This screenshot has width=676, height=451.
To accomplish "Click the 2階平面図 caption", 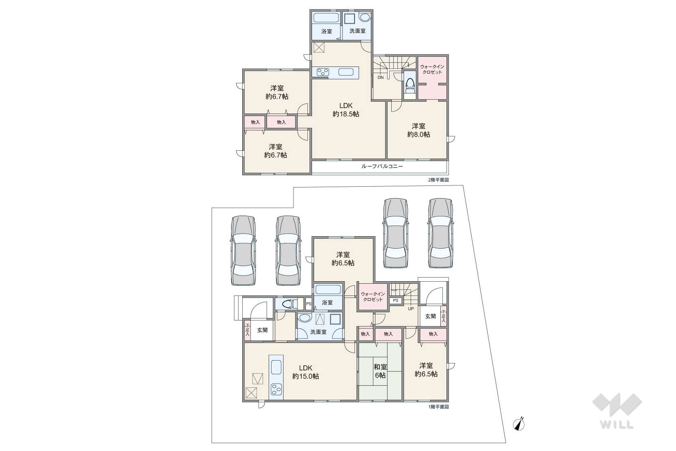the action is pyautogui.click(x=439, y=180).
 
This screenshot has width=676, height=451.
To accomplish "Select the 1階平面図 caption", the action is pyautogui.click(x=439, y=407).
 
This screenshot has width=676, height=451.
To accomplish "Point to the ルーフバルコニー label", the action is pyautogui.click(x=382, y=166).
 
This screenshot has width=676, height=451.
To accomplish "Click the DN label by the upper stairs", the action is pyautogui.click(x=381, y=78).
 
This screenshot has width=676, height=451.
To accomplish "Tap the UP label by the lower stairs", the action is pyautogui.click(x=411, y=309).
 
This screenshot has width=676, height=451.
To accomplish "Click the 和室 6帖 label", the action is pyautogui.click(x=380, y=371).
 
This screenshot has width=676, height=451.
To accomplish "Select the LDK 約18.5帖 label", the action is pyautogui.click(x=346, y=110).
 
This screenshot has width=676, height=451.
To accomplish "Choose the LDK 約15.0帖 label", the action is pyautogui.click(x=305, y=372).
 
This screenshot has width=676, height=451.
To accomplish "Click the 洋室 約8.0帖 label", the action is pyautogui.click(x=418, y=130).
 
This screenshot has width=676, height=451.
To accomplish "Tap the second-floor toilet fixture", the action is pyautogui.click(x=410, y=85).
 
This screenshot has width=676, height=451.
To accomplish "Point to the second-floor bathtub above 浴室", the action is pyautogui.click(x=326, y=17).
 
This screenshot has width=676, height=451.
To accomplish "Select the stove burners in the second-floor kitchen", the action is pyautogui.click(x=323, y=72).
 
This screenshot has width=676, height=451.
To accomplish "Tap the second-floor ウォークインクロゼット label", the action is pyautogui.click(x=432, y=69).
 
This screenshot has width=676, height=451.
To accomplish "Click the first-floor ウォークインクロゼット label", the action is pyautogui.click(x=373, y=297).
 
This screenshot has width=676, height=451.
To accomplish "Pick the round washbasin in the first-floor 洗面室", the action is pyautogui.click(x=305, y=319).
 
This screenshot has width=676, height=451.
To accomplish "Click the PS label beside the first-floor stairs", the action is pyautogui.click(x=396, y=301).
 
